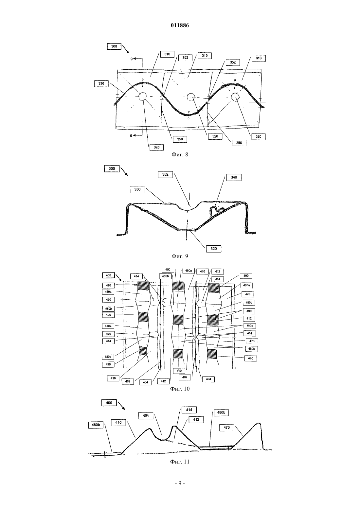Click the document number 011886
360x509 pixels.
point(180,25)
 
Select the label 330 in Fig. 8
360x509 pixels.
point(101,84)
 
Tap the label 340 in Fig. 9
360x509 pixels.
point(234,177)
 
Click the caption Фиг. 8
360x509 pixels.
point(180,155)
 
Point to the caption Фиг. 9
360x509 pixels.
point(180,256)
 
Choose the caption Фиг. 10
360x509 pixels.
point(180,389)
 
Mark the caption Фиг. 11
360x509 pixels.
point(180,462)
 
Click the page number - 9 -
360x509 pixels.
point(180,483)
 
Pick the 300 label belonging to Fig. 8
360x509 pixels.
point(114,46)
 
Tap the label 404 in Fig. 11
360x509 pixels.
point(146,416)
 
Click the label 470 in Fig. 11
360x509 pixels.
point(226,428)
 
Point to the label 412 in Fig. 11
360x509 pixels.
point(196,419)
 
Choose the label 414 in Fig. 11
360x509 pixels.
point(189,410)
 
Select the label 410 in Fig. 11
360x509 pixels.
point(118,422)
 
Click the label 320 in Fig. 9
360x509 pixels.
point(214,249)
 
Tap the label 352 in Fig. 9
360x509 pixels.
point(166,174)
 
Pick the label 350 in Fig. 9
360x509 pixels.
point(137,189)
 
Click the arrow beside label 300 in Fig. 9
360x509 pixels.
point(124,171)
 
